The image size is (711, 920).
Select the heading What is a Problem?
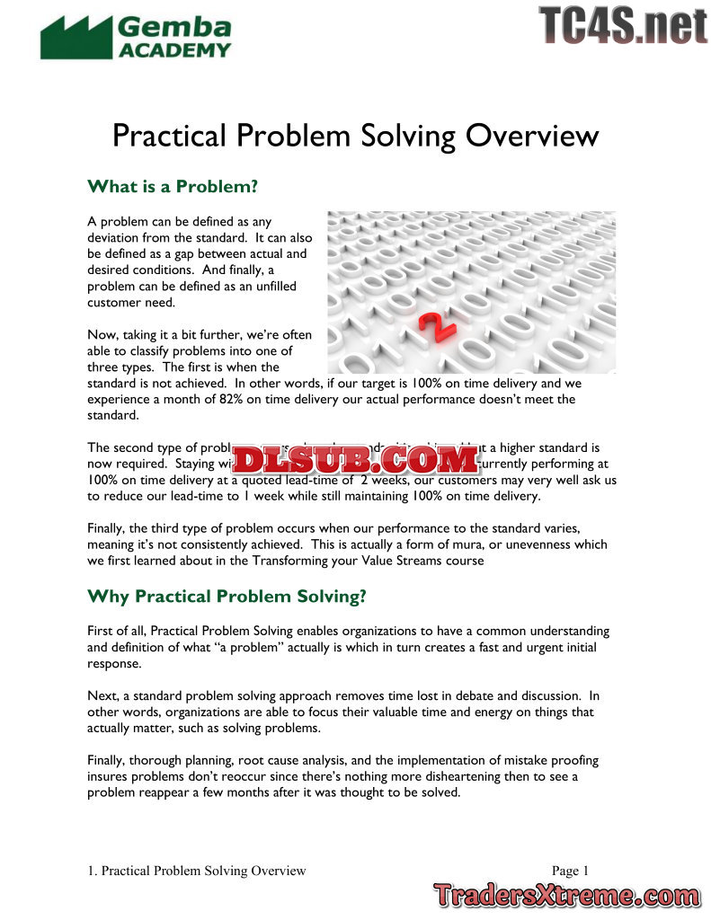173,187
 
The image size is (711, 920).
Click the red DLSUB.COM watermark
356,461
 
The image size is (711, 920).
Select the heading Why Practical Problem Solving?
227,597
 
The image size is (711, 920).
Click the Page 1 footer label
570,870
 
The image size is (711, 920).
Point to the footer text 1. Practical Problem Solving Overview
197,870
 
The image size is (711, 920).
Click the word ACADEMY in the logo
175,50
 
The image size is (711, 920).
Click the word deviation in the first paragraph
114,237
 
